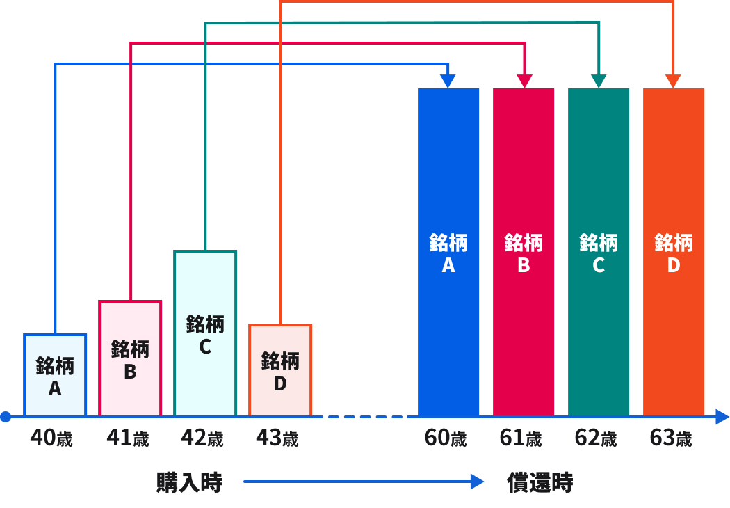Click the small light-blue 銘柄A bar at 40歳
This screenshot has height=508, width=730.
pos(55,376)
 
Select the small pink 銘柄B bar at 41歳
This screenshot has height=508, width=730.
pos(130,358)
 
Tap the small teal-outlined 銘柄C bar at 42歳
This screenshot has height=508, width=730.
pos(205,334)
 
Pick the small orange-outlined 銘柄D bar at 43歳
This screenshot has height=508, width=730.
pos(280,371)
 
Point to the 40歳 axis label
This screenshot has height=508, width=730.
pos(51,438)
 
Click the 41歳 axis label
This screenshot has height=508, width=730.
pos(128,438)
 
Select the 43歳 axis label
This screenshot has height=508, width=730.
pos(277,438)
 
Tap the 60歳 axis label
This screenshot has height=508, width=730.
pos(446,438)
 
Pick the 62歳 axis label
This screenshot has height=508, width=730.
pos(596,438)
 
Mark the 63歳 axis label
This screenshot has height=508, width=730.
pos(671,438)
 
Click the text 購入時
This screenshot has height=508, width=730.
pos(189,482)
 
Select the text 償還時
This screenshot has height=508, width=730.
pos(540,482)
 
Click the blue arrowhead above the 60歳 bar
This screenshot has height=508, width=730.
pos(448,81)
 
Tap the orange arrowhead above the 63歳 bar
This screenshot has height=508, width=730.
pos(673,81)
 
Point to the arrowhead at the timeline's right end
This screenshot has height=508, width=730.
pos(722,417)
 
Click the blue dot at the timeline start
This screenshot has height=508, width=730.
pos(6,417)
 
